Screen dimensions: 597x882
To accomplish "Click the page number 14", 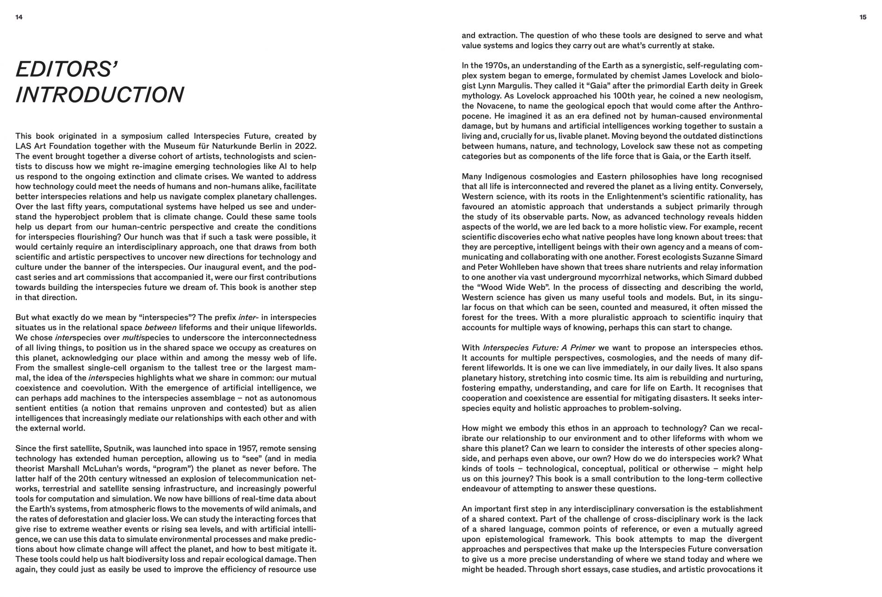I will (19, 17).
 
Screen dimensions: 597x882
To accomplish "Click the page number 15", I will (863, 17).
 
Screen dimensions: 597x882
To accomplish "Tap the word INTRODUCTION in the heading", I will (100, 95).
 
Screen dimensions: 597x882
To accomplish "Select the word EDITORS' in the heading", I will (67, 69).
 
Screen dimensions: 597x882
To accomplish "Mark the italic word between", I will (160, 328).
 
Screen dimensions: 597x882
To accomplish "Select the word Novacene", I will (500, 106).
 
